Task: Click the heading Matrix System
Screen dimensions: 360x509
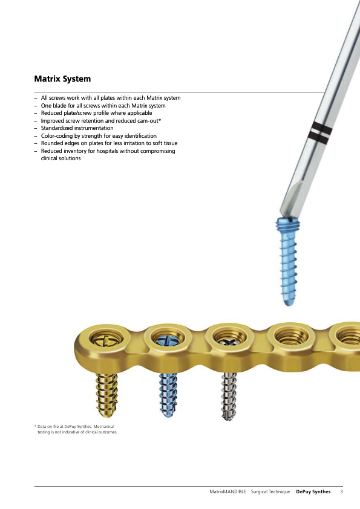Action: [62, 79]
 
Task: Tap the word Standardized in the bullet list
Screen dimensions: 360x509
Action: [57, 128]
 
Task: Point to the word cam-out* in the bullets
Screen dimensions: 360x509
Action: [149, 121]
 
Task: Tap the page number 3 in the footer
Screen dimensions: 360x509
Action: [341, 491]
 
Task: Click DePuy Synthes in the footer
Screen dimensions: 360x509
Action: [313, 492]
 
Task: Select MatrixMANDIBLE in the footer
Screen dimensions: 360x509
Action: [227, 492]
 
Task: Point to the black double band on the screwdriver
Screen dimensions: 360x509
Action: [320, 132]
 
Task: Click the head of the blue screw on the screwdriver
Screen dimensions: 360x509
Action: [287, 224]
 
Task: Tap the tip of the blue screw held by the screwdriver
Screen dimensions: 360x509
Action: [289, 303]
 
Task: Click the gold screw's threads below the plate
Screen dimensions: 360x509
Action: [107, 394]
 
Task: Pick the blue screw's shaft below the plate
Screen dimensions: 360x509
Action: [168, 395]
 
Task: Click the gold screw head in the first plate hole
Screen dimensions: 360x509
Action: [106, 340]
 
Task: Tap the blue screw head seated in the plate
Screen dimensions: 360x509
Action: [169, 341]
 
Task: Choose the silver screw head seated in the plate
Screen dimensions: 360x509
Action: [230, 342]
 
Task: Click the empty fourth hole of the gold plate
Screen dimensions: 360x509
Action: [292, 337]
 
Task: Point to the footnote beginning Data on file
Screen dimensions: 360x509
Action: [76, 429]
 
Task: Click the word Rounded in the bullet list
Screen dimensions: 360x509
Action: [51, 143]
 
